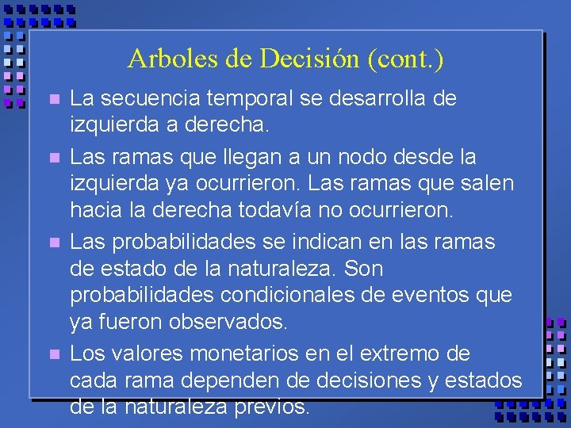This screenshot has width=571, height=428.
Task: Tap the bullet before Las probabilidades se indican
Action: click(53, 242)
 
